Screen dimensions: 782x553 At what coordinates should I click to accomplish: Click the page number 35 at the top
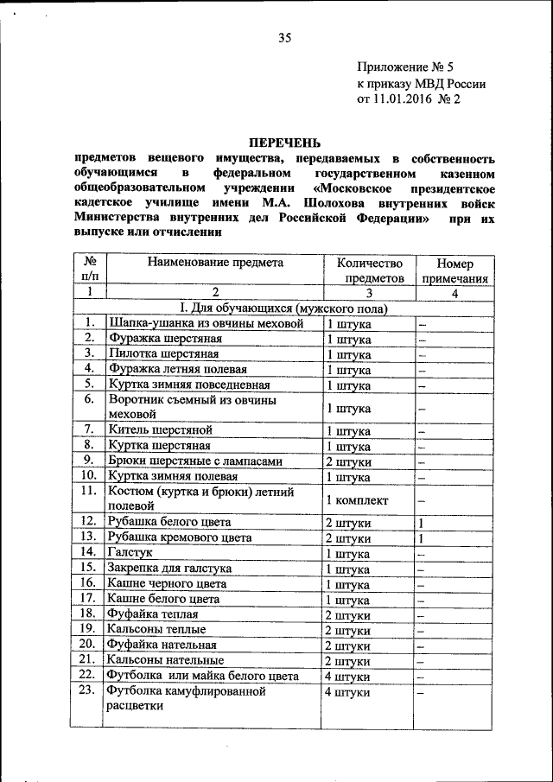(286, 37)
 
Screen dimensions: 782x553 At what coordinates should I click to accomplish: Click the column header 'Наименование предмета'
(214, 263)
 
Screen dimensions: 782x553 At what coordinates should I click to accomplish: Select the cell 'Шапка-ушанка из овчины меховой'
(206, 323)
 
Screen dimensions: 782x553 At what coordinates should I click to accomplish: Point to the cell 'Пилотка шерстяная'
(163, 353)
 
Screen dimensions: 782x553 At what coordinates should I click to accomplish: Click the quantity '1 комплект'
(357, 500)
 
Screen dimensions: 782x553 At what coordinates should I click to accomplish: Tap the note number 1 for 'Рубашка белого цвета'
(421, 523)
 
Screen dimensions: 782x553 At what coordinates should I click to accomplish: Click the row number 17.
(87, 598)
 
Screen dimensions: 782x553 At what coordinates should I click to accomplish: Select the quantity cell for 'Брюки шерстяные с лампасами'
(349, 461)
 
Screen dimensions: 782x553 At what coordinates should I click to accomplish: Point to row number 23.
(87, 691)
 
